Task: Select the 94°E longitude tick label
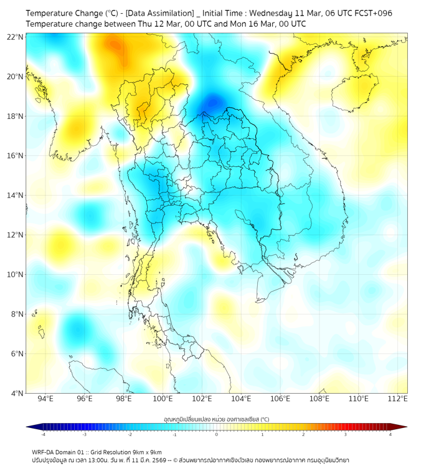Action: (45, 399)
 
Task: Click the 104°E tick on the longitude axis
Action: (241, 399)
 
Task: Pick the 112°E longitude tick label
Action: (397, 399)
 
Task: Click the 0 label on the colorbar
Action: (217, 434)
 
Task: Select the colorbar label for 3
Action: (346, 434)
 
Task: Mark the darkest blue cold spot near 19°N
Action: (213, 101)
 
